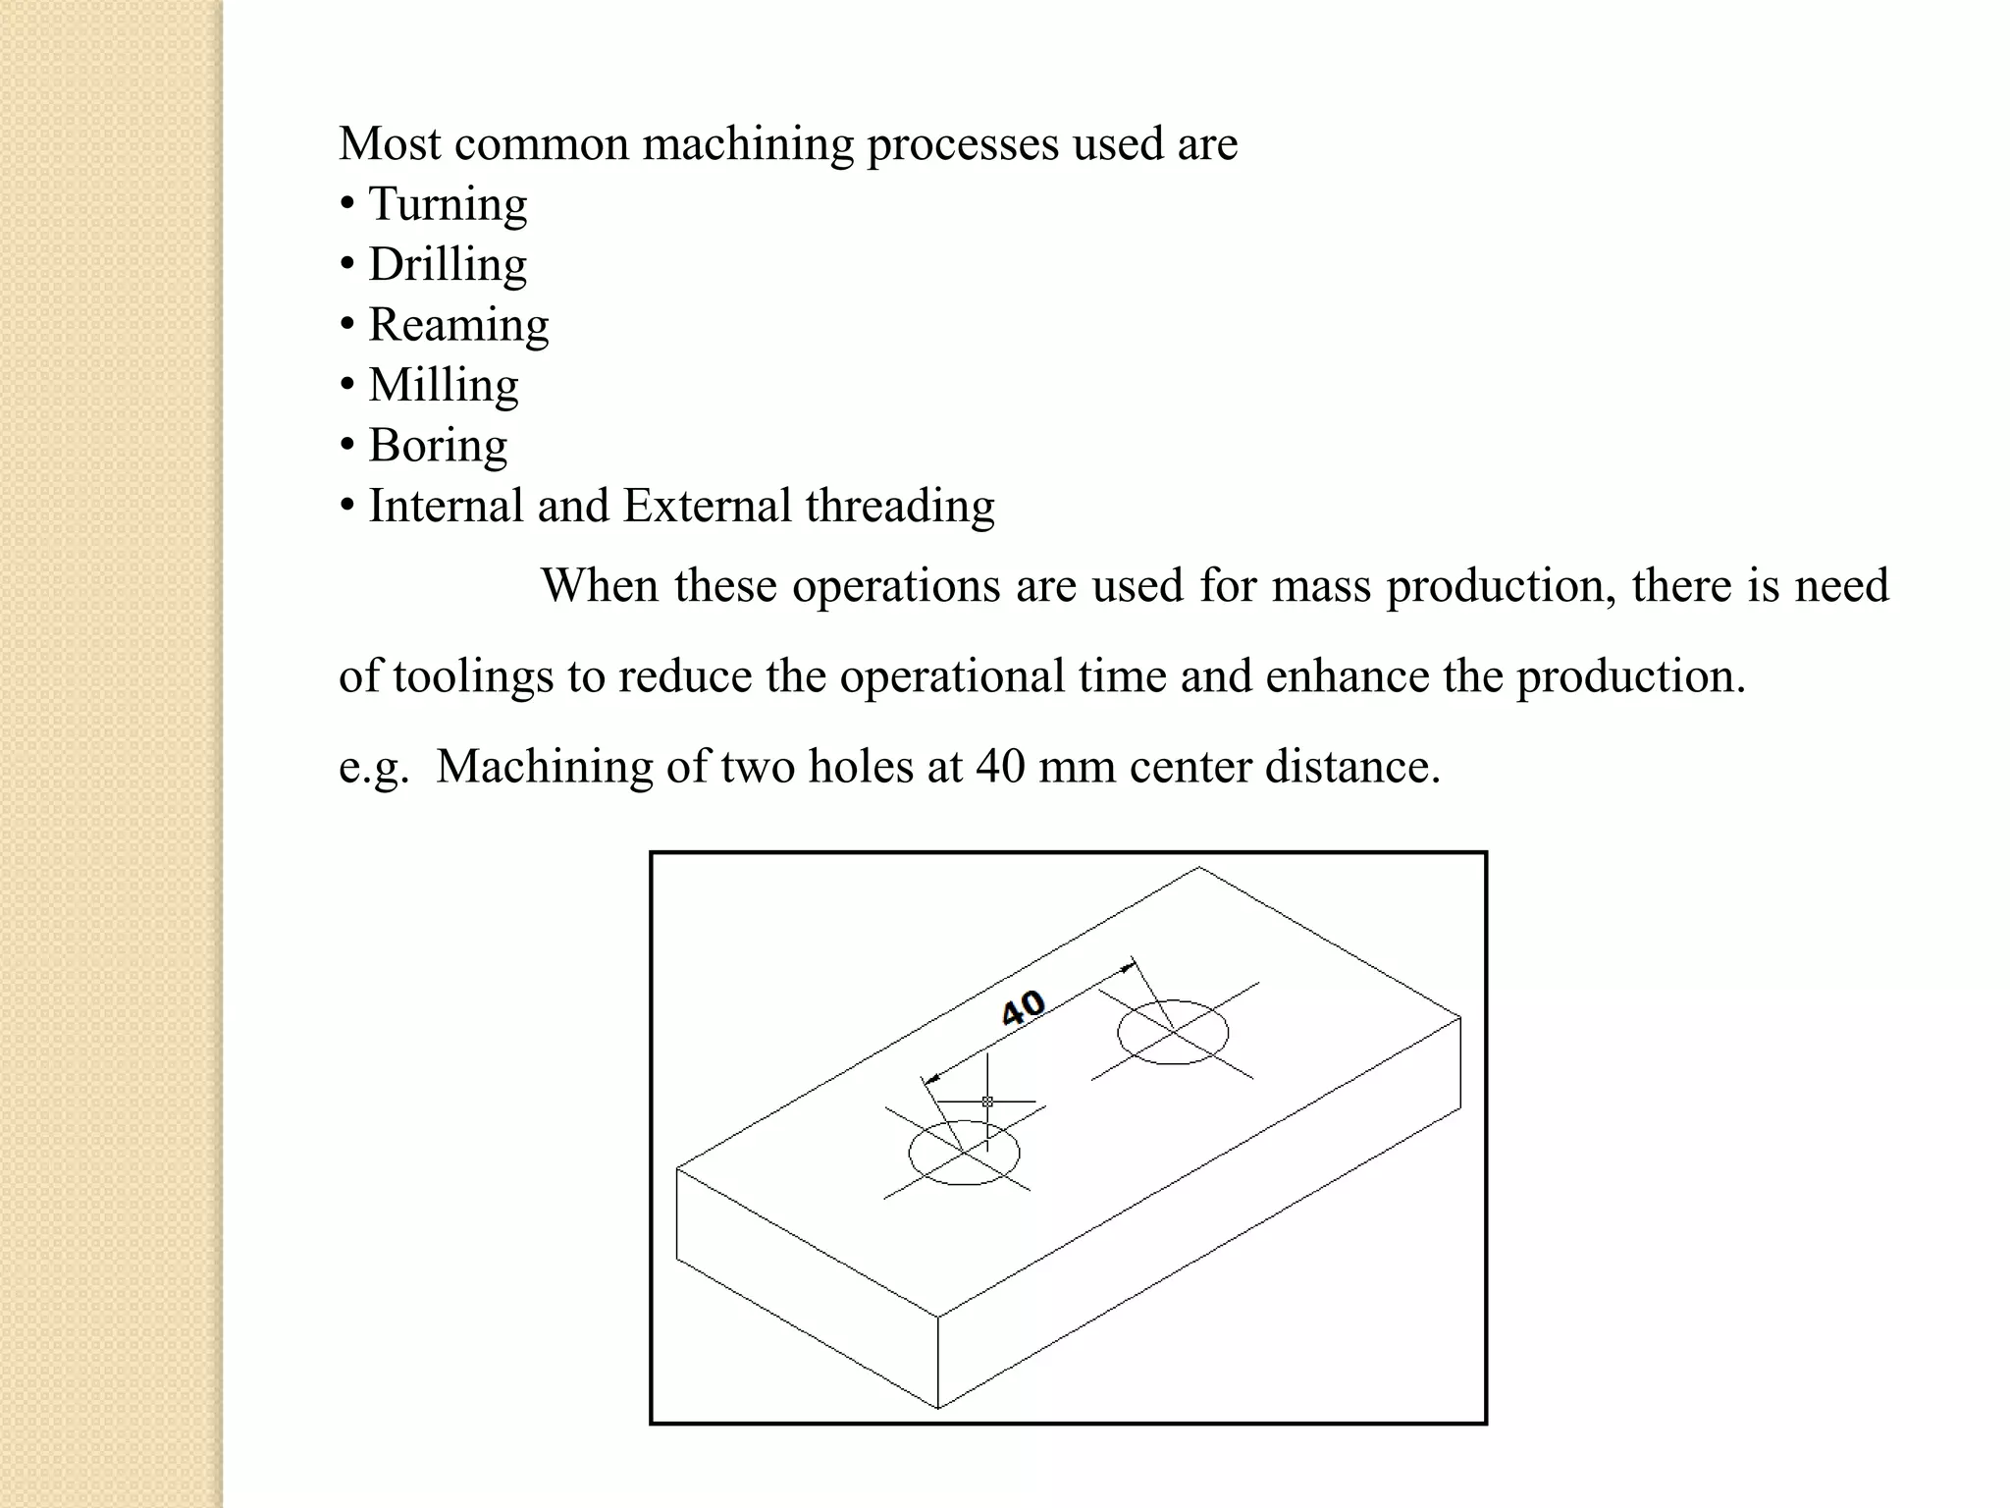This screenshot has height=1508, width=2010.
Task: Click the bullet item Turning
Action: tap(448, 204)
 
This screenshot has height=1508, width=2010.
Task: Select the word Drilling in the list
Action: tap(448, 265)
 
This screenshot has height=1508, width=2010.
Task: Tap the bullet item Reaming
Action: tap(458, 325)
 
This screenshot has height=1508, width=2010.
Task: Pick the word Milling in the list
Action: tap(444, 385)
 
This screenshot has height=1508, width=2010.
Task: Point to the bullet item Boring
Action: tap(438, 446)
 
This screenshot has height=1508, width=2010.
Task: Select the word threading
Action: tap(900, 507)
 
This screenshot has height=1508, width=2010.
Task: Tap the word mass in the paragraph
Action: tap(1321, 586)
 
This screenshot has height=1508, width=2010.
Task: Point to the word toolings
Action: tap(473, 677)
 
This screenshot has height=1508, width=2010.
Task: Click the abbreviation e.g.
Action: tap(373, 768)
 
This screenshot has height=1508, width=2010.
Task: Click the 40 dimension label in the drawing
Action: tap(1023, 1007)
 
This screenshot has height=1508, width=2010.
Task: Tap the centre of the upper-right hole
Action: tap(1174, 1031)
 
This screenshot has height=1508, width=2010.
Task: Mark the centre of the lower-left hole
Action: tap(964, 1151)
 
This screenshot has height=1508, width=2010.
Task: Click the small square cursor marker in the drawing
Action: tap(987, 1102)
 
